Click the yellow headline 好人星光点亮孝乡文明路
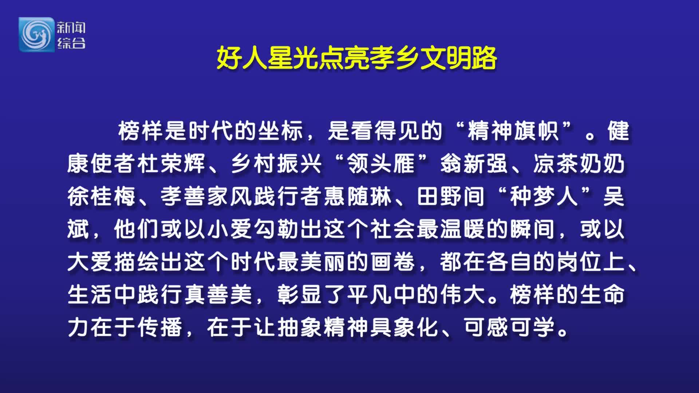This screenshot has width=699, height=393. click(x=357, y=58)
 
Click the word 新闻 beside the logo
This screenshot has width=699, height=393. click(x=71, y=28)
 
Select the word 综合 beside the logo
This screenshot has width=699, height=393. click(x=71, y=43)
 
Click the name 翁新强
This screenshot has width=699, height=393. click(x=474, y=163)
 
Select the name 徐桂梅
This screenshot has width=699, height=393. click(x=102, y=196)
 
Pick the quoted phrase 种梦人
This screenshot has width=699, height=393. click(x=544, y=196)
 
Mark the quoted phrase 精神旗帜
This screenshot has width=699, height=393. click(x=513, y=131)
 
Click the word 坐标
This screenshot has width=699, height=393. click(x=281, y=131)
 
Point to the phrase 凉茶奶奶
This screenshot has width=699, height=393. click(x=579, y=163)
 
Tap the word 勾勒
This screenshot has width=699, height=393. click(x=276, y=229)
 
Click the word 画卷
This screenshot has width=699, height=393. click(x=393, y=262)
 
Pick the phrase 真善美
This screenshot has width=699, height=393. click(x=218, y=294)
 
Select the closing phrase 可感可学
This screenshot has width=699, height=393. click(x=509, y=327)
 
